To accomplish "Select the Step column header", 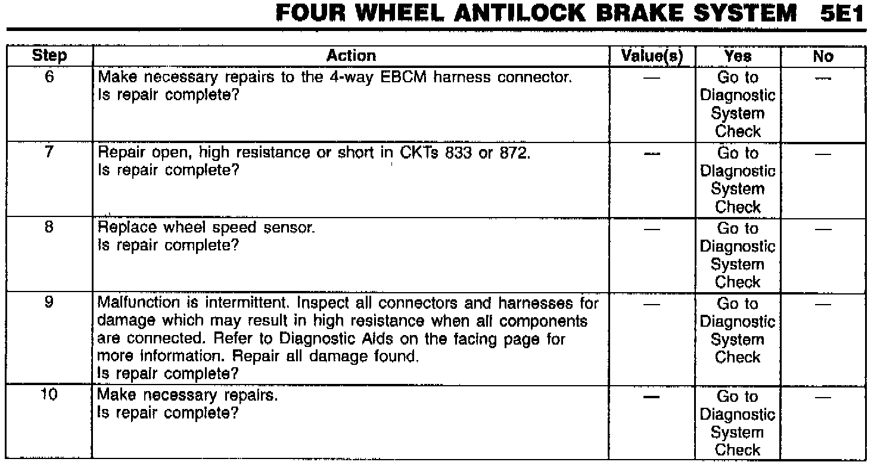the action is (49, 57).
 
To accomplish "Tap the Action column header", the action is (352, 57).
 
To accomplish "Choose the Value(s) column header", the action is (651, 57).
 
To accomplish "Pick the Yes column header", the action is (738, 57).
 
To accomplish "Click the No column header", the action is (823, 57).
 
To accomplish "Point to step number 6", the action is (49, 77).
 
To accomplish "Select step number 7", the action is (49, 152).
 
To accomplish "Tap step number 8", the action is (49, 228).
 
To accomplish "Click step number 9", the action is (49, 303).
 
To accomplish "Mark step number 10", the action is (49, 396).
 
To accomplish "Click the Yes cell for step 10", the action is (738, 423).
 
